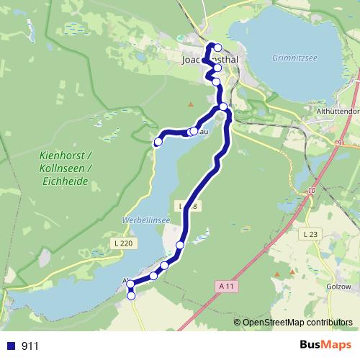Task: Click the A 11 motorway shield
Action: tap(226, 286)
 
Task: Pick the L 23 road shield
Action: tap(311, 235)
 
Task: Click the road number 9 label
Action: tap(338, 143)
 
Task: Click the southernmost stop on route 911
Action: tap(131, 295)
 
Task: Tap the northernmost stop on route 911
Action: tap(217, 48)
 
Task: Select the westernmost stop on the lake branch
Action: tap(158, 141)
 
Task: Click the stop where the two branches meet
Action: tap(223, 107)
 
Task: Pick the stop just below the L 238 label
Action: tap(179, 246)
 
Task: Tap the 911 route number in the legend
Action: tap(30, 346)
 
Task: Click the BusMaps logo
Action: tap(325, 345)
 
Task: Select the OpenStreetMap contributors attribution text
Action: tap(297, 323)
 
